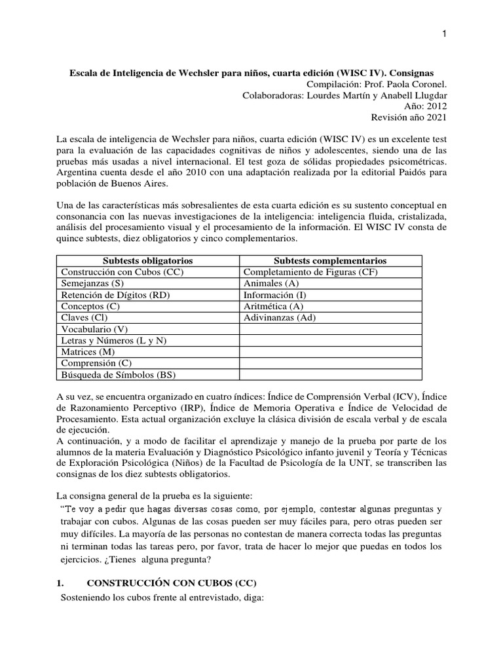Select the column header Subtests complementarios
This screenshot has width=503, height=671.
click(330, 261)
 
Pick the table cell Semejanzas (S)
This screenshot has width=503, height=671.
click(92, 284)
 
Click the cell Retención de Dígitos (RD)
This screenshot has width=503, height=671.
click(115, 295)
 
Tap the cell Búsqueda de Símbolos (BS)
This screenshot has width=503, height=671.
click(118, 375)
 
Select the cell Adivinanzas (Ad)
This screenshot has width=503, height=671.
click(279, 318)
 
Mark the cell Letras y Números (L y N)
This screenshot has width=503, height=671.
click(113, 341)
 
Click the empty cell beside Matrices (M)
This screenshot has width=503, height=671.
click(330, 352)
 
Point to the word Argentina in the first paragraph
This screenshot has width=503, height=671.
click(80, 172)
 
